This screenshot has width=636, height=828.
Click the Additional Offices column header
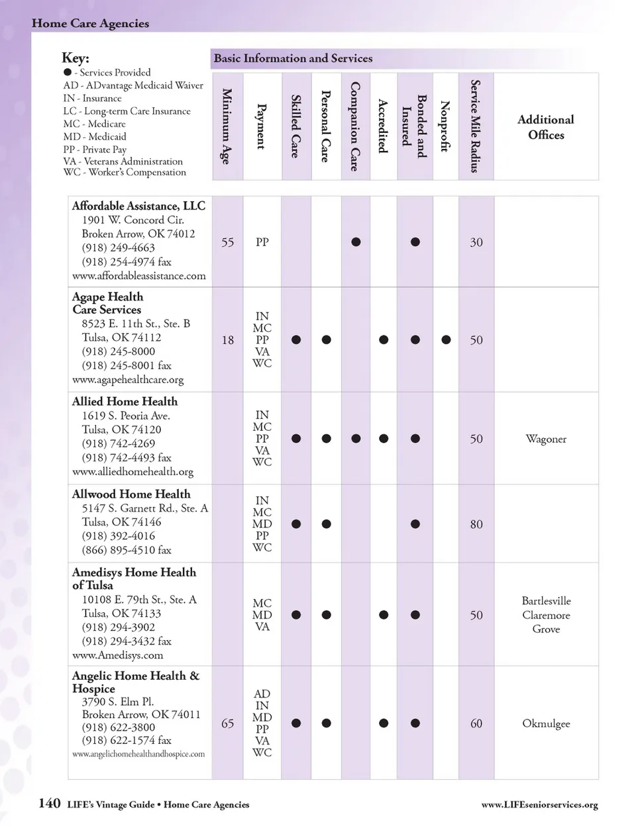coord(545,127)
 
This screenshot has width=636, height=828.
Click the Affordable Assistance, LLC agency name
coord(138,206)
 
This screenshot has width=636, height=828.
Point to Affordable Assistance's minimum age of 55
coord(227,242)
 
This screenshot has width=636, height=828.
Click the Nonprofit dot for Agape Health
coord(446,340)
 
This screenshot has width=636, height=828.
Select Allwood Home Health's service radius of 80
coord(476,524)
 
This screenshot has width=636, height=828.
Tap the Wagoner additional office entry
coord(545,439)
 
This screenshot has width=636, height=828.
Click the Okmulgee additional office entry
coord(545,723)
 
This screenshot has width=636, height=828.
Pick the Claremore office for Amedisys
coord(545,615)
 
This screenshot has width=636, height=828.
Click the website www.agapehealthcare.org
coord(128,380)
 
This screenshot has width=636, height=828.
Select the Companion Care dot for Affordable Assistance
coord(356,242)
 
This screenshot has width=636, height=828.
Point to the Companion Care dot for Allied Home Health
coord(356,439)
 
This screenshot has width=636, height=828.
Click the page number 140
coord(49,804)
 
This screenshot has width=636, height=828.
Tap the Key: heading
coord(76,58)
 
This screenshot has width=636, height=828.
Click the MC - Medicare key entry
coord(94,124)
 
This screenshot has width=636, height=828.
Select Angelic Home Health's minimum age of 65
coord(227,723)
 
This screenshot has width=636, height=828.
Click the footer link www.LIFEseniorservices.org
coord(539,805)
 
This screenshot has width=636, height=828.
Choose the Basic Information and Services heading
coord(293,58)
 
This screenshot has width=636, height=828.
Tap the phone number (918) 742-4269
coord(118,443)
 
